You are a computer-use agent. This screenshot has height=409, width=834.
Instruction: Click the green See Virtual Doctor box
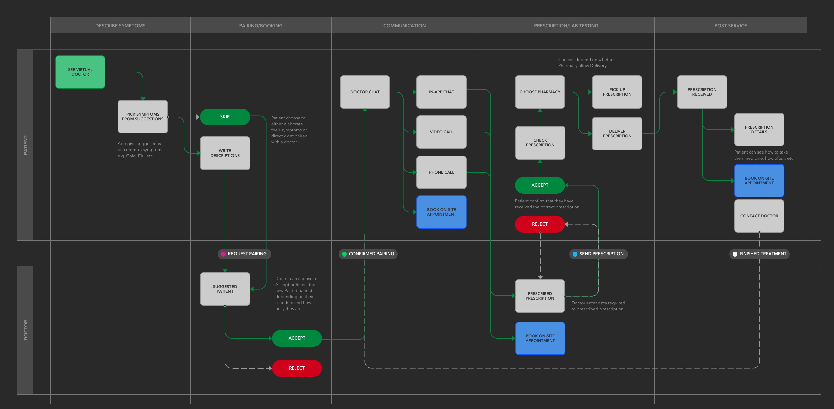(x=80, y=72)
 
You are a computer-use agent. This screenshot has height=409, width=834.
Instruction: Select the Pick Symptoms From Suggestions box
(x=143, y=117)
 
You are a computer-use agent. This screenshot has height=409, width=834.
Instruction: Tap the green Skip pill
(x=225, y=117)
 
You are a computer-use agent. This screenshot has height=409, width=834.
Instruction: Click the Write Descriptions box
(x=225, y=153)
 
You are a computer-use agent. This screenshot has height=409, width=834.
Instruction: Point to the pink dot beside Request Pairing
(x=223, y=254)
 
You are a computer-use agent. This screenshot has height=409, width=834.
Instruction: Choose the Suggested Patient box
(x=225, y=289)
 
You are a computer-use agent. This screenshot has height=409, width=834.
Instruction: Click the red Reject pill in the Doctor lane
(x=297, y=368)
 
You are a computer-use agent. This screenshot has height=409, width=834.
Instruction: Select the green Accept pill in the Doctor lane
(x=297, y=338)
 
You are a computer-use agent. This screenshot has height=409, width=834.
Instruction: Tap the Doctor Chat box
(x=365, y=92)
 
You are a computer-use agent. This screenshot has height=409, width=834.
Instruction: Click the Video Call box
(x=441, y=132)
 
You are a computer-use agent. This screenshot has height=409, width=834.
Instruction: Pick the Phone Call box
(x=441, y=172)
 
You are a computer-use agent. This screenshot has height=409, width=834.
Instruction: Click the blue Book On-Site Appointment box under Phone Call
(x=441, y=212)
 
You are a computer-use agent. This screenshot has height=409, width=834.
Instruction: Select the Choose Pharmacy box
(x=540, y=92)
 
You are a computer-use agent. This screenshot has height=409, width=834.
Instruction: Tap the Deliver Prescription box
(x=617, y=134)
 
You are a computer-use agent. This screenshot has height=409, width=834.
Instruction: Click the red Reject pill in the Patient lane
(x=540, y=224)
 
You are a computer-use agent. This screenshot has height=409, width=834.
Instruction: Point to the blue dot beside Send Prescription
(x=575, y=254)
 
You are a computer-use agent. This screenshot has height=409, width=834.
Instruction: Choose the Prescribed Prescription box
(x=540, y=296)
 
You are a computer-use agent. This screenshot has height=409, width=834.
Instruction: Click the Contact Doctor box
(x=759, y=216)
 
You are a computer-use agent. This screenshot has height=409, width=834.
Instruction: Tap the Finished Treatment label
(x=763, y=254)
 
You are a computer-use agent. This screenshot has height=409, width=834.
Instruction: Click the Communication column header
(x=404, y=26)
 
